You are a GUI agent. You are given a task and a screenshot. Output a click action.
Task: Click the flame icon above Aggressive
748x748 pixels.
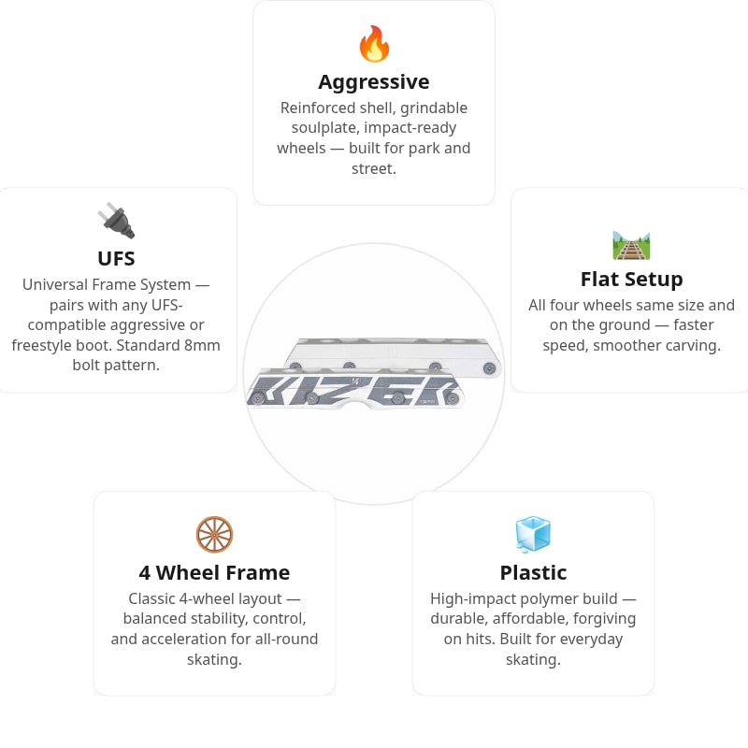pyautogui.click(x=374, y=44)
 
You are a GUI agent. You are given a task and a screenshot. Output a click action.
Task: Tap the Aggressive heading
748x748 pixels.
pyautogui.click(x=374, y=82)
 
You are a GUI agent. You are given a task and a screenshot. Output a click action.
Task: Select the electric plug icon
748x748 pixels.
pyautogui.click(x=116, y=221)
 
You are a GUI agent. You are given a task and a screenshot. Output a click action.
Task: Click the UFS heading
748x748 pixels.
pyautogui.click(x=116, y=259)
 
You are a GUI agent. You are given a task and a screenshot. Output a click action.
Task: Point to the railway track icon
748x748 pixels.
pyautogui.click(x=631, y=246)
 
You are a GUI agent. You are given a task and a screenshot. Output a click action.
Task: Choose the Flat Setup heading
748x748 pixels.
pyautogui.click(x=632, y=280)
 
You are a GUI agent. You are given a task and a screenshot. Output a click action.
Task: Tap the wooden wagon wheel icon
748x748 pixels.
pyautogui.click(x=215, y=534)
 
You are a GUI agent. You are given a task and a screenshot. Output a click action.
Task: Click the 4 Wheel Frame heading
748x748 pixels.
pyautogui.click(x=215, y=573)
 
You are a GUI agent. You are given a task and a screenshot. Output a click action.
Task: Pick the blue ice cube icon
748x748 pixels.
pyautogui.click(x=533, y=534)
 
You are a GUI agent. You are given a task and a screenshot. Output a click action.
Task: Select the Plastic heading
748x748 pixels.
pyautogui.click(x=533, y=573)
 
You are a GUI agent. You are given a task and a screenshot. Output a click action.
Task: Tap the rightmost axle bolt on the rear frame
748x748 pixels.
pyautogui.click(x=489, y=368)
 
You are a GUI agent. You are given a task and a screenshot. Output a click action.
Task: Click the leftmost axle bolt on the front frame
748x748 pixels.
pyautogui.click(x=258, y=398)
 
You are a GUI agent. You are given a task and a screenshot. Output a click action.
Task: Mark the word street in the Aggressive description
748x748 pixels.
pyautogui.click(x=372, y=169)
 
